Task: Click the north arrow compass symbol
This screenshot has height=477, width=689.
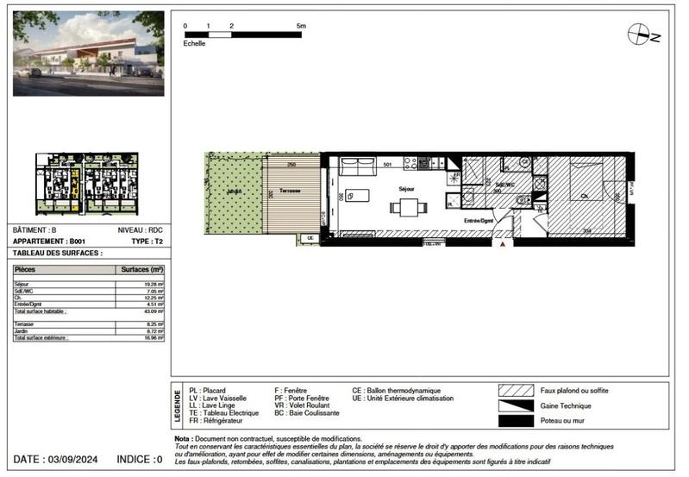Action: point(640,35)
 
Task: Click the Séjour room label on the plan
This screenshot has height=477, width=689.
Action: point(406,188)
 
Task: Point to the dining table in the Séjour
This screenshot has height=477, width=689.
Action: point(406,207)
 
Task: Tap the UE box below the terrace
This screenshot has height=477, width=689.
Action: point(310,237)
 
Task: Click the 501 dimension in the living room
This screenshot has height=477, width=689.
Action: point(388,164)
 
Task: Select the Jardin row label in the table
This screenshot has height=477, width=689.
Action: point(22,330)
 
